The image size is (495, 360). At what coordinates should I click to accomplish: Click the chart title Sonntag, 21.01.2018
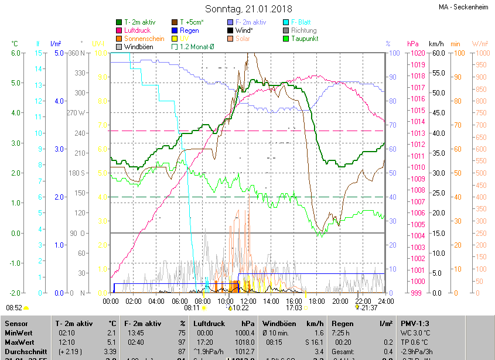[247, 9]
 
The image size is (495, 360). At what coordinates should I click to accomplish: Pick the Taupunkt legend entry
[304, 39]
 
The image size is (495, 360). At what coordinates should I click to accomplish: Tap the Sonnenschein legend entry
[144, 39]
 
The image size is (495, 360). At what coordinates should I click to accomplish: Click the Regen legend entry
[189, 30]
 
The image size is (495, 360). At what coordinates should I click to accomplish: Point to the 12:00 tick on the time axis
[248, 301]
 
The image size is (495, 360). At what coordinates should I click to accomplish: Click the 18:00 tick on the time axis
[317, 301]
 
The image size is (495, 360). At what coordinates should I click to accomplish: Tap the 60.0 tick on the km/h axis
[436, 53]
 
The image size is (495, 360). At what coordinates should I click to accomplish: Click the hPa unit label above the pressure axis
[413, 44]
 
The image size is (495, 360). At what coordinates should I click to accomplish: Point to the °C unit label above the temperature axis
[15, 44]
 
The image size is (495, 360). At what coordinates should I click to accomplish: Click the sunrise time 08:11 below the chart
[192, 308]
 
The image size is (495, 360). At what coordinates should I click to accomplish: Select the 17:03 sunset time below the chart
[294, 308]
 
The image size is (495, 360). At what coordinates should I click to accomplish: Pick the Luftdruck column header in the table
[209, 323]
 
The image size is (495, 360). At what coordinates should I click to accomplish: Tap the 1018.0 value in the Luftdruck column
[245, 342]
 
